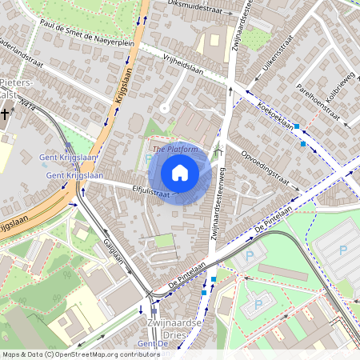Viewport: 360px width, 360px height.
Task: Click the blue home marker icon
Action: [180, 172]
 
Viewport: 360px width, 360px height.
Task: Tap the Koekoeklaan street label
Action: [275, 115]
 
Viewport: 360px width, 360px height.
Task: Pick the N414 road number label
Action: [30, 103]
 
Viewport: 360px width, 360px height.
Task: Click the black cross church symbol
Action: [6, 114]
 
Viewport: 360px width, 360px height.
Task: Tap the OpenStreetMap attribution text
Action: [80, 354]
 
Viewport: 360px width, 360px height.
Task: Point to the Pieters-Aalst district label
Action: [16, 88]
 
